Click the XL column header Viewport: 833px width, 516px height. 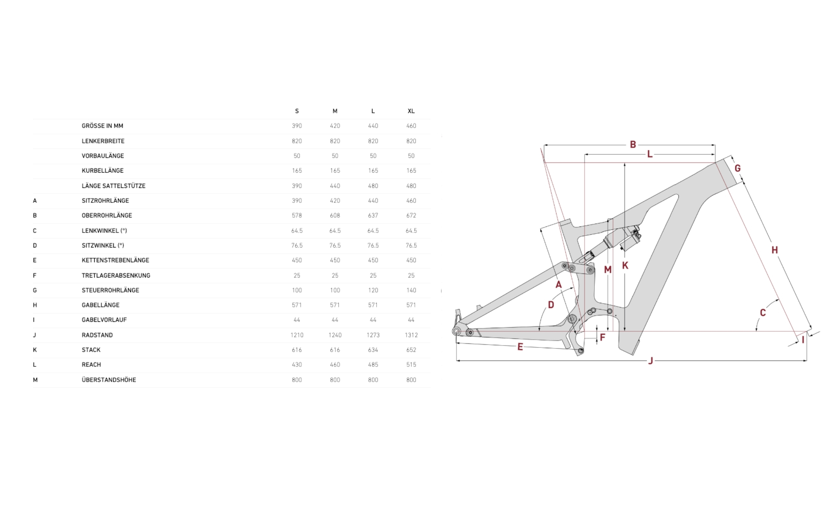411,111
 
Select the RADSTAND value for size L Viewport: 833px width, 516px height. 373,335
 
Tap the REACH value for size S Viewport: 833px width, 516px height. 297,364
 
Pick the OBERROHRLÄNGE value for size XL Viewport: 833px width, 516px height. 411,215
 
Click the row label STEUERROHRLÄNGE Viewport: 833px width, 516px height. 110,290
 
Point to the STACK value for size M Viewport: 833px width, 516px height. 335,350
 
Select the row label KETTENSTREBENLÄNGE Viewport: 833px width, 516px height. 115,260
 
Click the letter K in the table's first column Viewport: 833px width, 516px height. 35,350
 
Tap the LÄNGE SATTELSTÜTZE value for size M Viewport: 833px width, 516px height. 335,186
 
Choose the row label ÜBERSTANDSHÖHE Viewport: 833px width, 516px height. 109,379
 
